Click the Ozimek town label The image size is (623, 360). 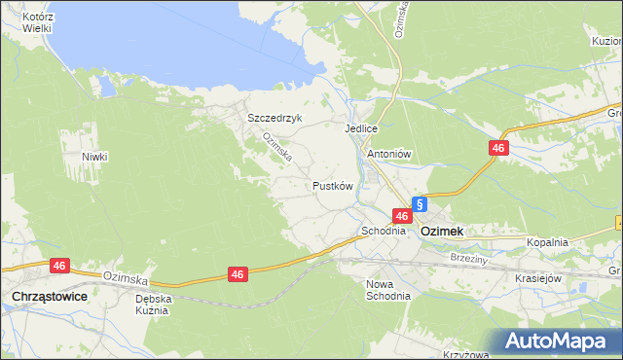pos(442,232)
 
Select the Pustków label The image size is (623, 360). pos(332,185)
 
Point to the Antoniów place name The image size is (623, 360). pos(390,154)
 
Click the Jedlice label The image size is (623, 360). pos(360,127)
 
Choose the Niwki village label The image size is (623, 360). pos(94,157)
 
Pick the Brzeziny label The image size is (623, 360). pos(468,258)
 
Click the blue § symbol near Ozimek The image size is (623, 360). pos(420,204)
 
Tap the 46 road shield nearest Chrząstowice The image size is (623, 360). pos(60,265)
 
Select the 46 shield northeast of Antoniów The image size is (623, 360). pos(498,148)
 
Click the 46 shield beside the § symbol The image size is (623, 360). pos(401,215)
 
